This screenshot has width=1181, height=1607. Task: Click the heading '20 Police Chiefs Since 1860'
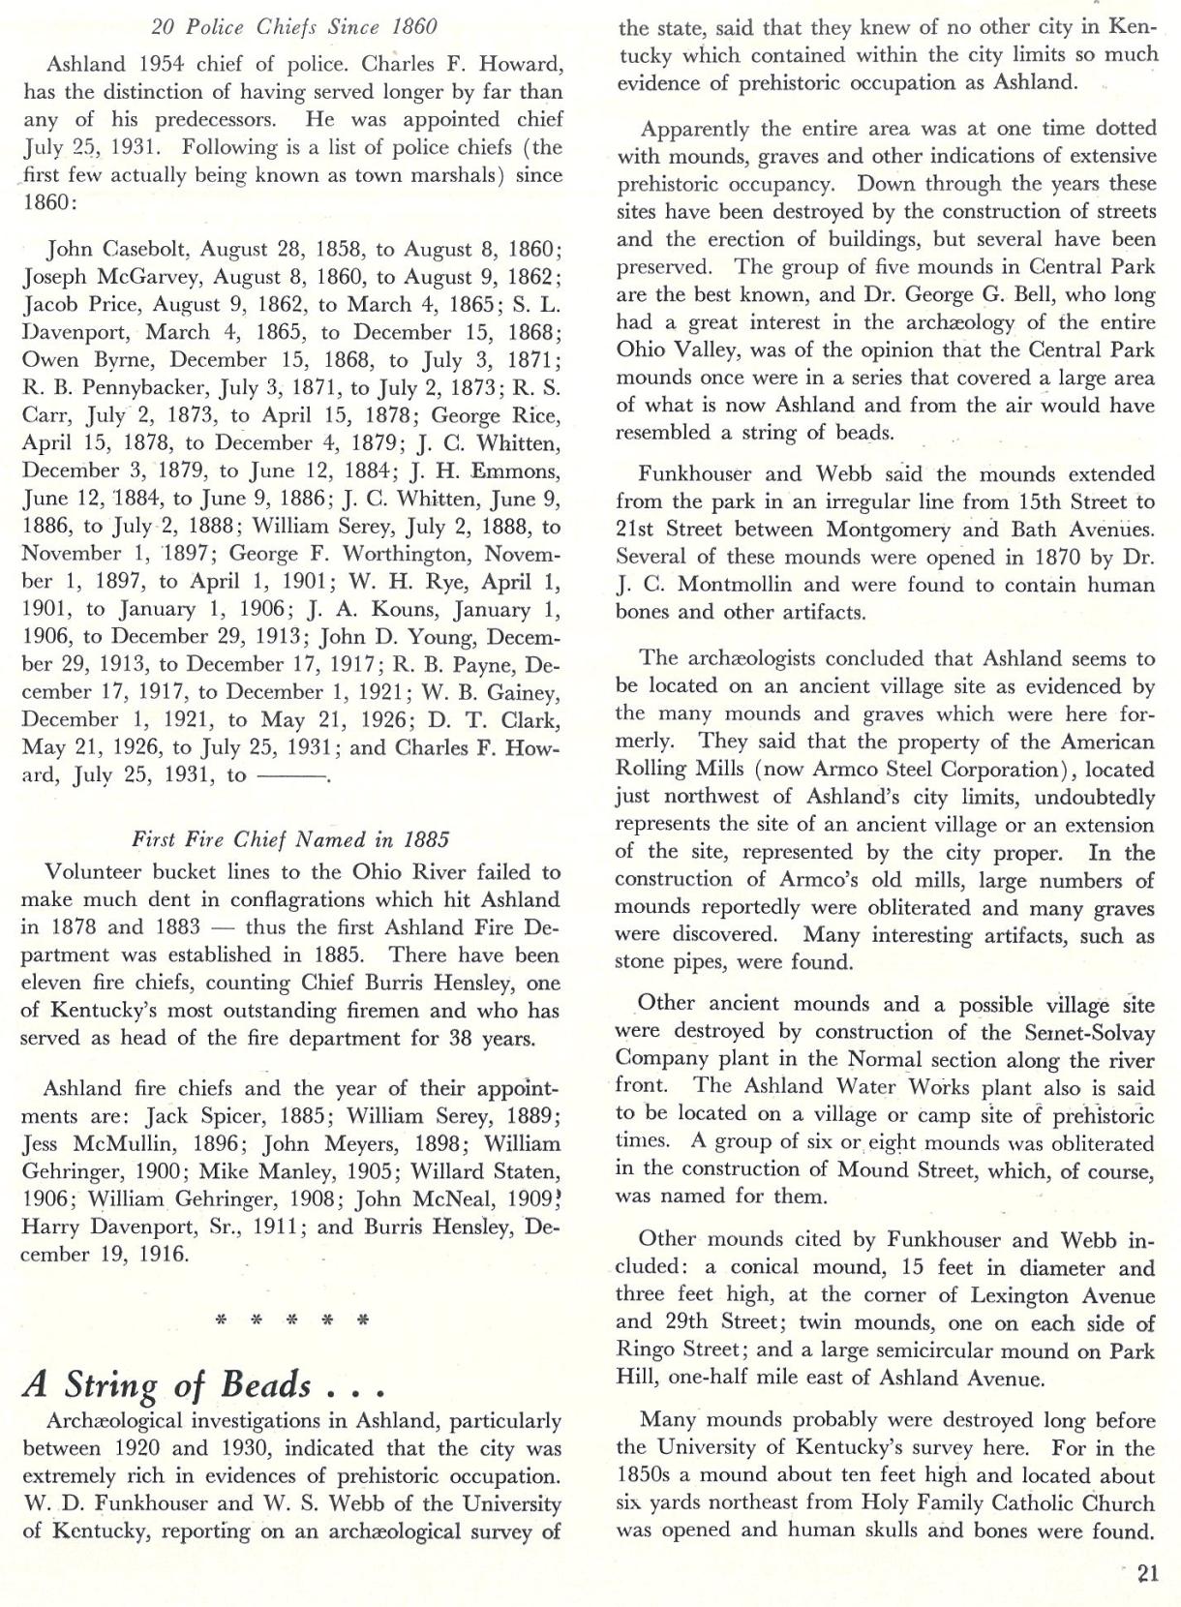294,26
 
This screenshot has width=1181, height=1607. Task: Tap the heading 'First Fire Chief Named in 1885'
290,839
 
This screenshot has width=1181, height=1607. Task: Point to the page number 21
1148,1573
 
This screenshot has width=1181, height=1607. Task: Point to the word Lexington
1026,1296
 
